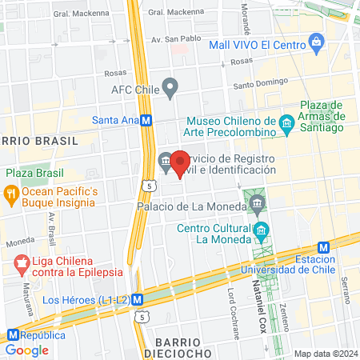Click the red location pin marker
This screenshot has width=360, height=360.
click(180, 164)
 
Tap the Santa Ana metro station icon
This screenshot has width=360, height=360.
click(146, 121)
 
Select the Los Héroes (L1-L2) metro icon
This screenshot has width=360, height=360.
click(138, 300)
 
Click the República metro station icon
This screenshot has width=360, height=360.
click(13, 335)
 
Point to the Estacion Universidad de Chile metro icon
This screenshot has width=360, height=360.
click(324, 248)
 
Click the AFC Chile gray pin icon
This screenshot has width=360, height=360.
click(170, 86)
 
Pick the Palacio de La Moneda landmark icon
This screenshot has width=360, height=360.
click(258, 205)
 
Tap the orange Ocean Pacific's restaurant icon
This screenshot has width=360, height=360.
click(11, 193)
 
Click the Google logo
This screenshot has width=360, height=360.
click(27, 350)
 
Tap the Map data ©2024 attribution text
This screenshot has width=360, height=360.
click(324, 353)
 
